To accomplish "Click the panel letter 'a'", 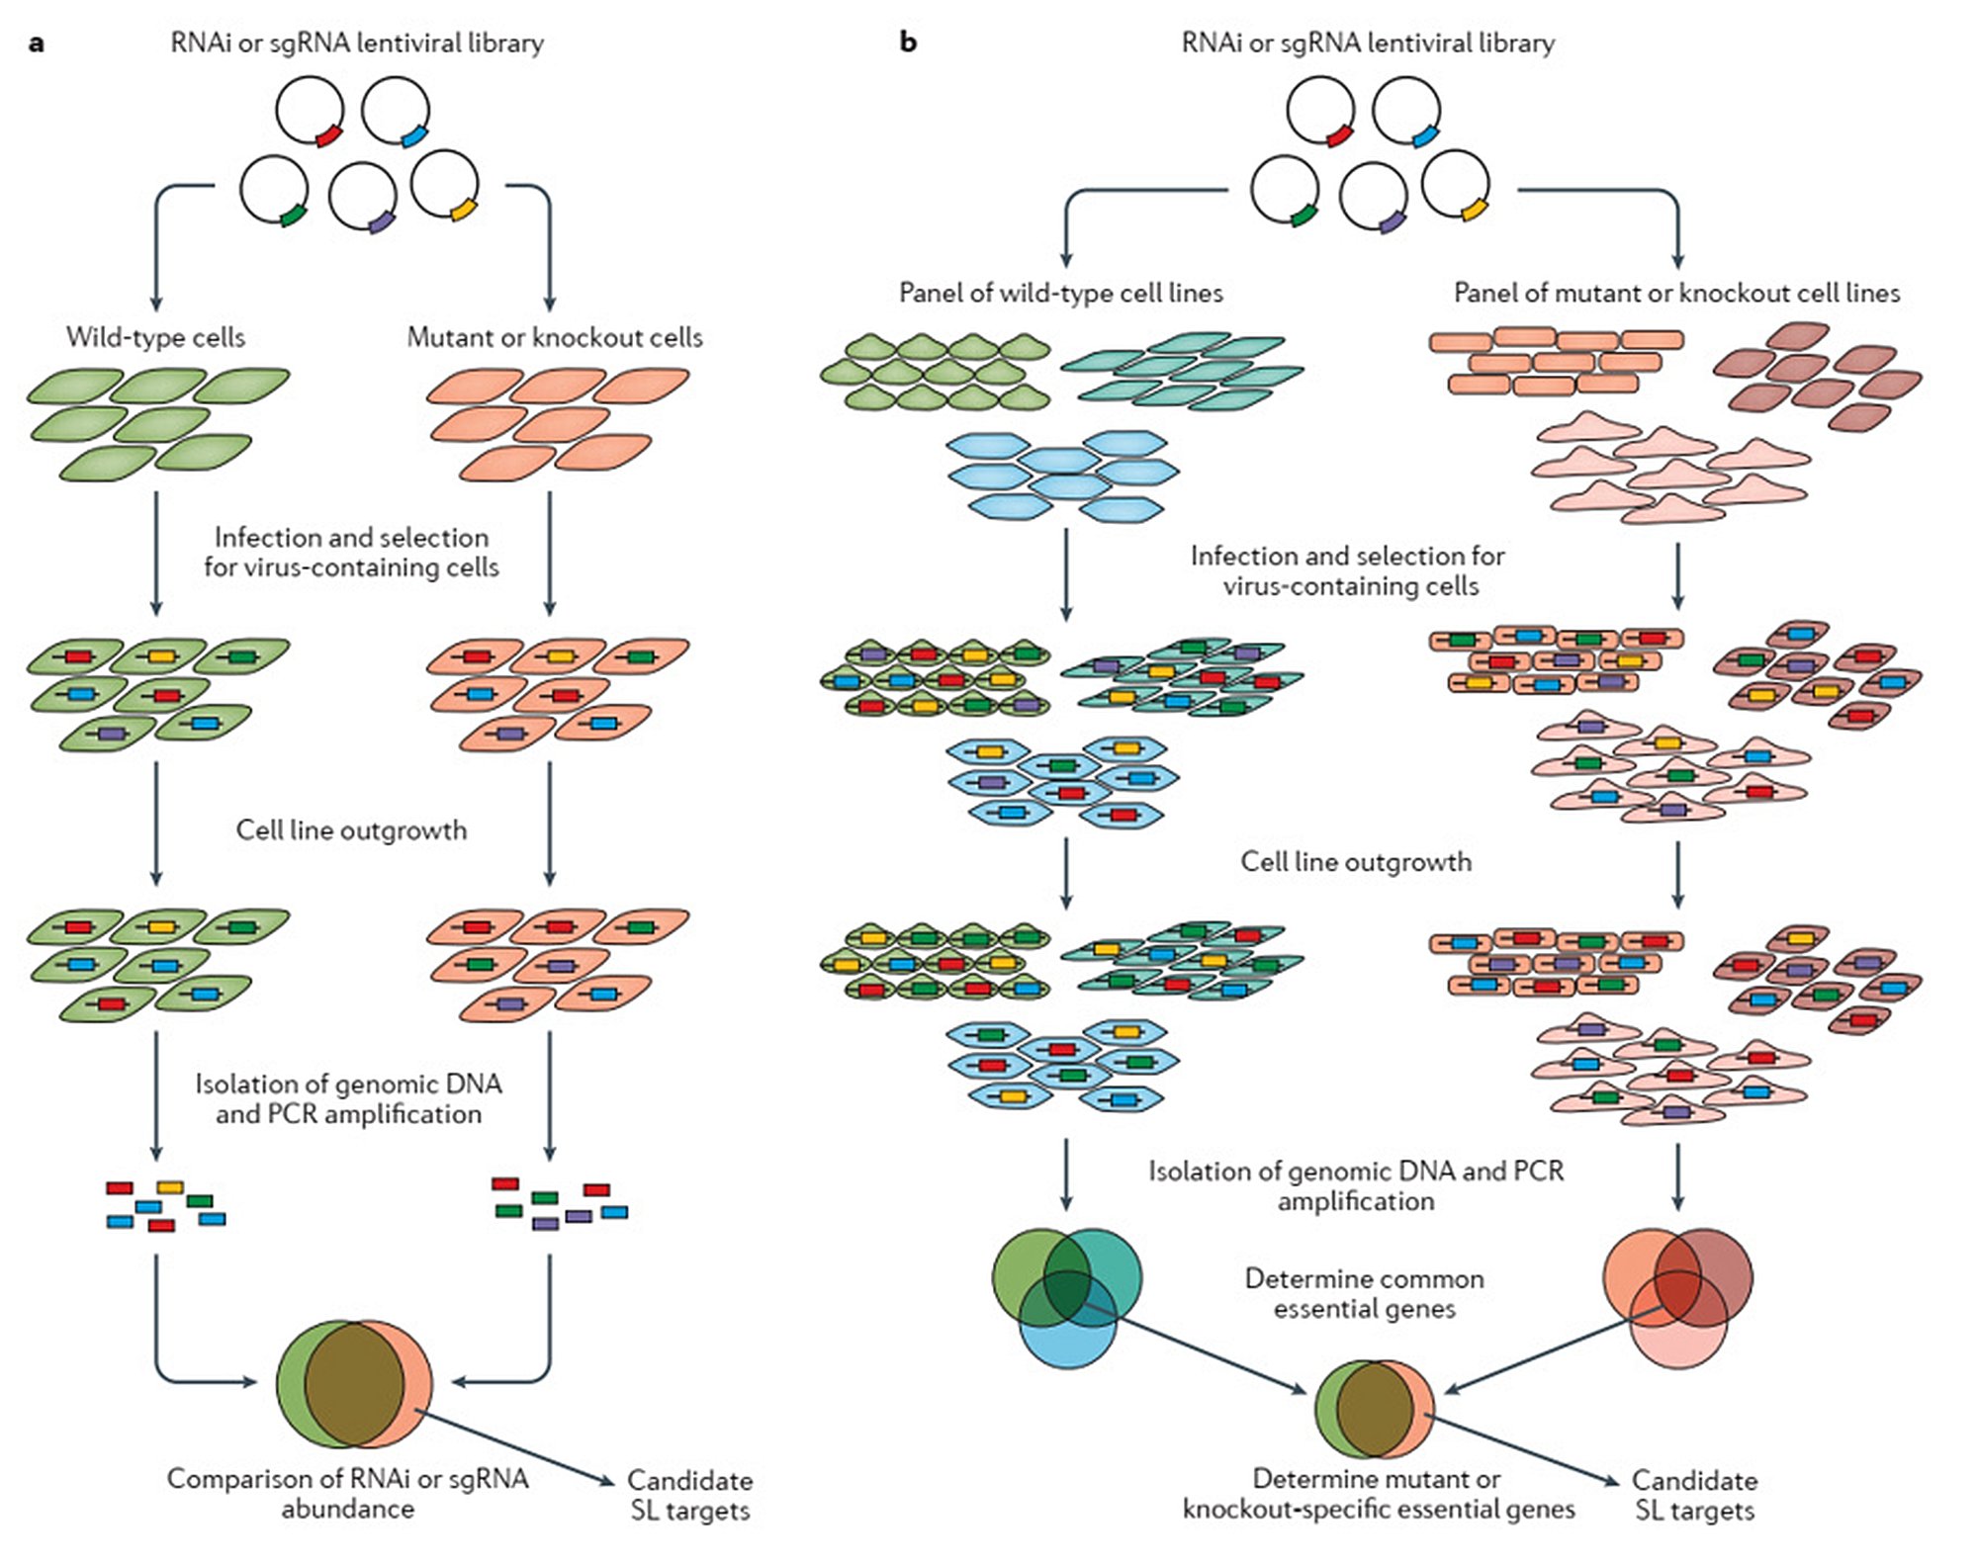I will click(37, 43).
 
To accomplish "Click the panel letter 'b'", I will click(908, 43).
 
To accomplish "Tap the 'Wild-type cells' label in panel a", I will click(155, 337).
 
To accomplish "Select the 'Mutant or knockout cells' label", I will click(555, 337).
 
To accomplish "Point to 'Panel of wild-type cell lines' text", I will click(1060, 293).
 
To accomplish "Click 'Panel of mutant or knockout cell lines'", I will click(1676, 293).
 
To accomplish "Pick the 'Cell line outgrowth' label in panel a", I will click(351, 829).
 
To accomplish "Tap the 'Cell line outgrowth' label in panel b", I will click(1356, 861).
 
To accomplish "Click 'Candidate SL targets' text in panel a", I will click(690, 1495).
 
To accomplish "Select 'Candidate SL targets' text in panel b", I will click(1694, 1495).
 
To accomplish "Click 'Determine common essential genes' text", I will click(1364, 1293).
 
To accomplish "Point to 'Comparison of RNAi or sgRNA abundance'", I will click(347, 1493).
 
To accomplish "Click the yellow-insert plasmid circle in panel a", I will click(445, 184).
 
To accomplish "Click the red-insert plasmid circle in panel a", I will click(310, 112).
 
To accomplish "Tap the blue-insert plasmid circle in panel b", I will click(1406, 111).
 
